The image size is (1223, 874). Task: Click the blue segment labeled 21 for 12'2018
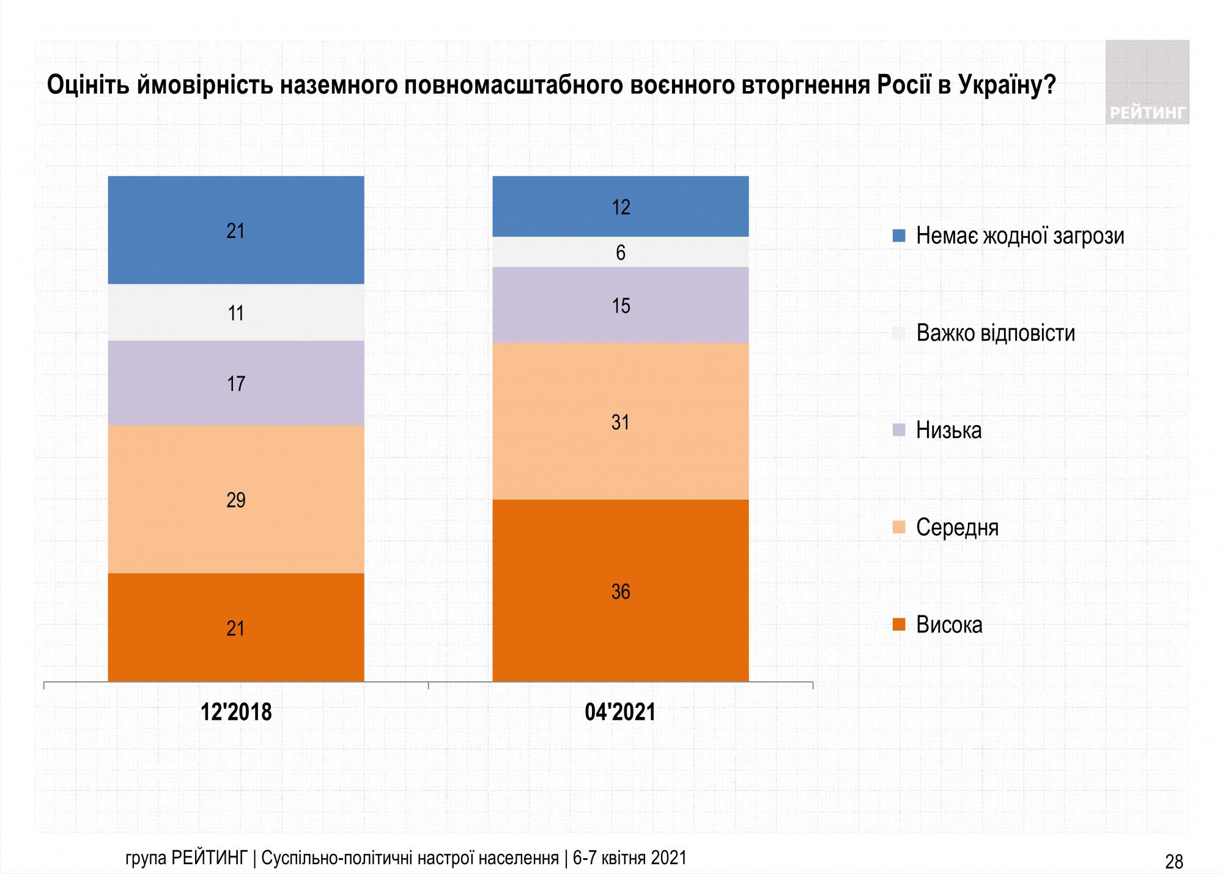click(x=235, y=230)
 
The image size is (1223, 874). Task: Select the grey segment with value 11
click(x=235, y=313)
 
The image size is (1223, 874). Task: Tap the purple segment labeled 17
click(x=235, y=383)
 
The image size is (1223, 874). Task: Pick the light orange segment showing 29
click(x=235, y=499)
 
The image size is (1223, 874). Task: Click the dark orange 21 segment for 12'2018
click(x=235, y=628)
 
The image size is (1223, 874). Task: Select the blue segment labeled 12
click(x=620, y=207)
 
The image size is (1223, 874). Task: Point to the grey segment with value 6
click(x=620, y=252)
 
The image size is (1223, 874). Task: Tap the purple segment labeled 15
click(x=620, y=305)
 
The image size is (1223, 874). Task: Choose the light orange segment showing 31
click(x=620, y=421)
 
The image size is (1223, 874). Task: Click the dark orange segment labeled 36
click(x=620, y=591)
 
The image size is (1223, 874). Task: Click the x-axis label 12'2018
click(x=236, y=712)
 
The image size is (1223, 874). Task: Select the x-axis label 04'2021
click(x=620, y=712)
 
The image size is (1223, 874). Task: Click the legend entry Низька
click(x=948, y=430)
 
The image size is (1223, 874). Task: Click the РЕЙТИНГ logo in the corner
click(x=1147, y=83)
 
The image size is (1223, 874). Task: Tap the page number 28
click(x=1173, y=861)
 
